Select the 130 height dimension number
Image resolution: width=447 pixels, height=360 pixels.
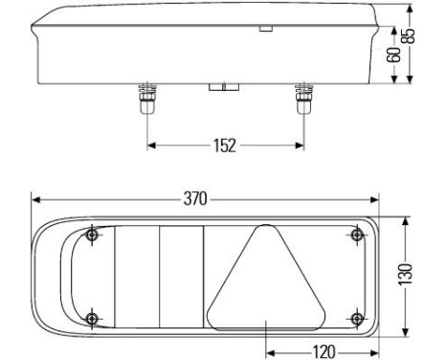[x=409, y=277]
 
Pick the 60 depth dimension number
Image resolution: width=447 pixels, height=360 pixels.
[x=392, y=55]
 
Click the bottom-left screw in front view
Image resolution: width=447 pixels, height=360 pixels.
[x=91, y=318]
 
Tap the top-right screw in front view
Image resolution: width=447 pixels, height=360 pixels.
[x=356, y=236]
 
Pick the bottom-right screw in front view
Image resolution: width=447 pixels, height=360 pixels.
[x=356, y=318]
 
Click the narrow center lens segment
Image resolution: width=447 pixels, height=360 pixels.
[x=180, y=277]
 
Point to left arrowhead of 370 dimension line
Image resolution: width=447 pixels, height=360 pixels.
[x=35, y=200]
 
